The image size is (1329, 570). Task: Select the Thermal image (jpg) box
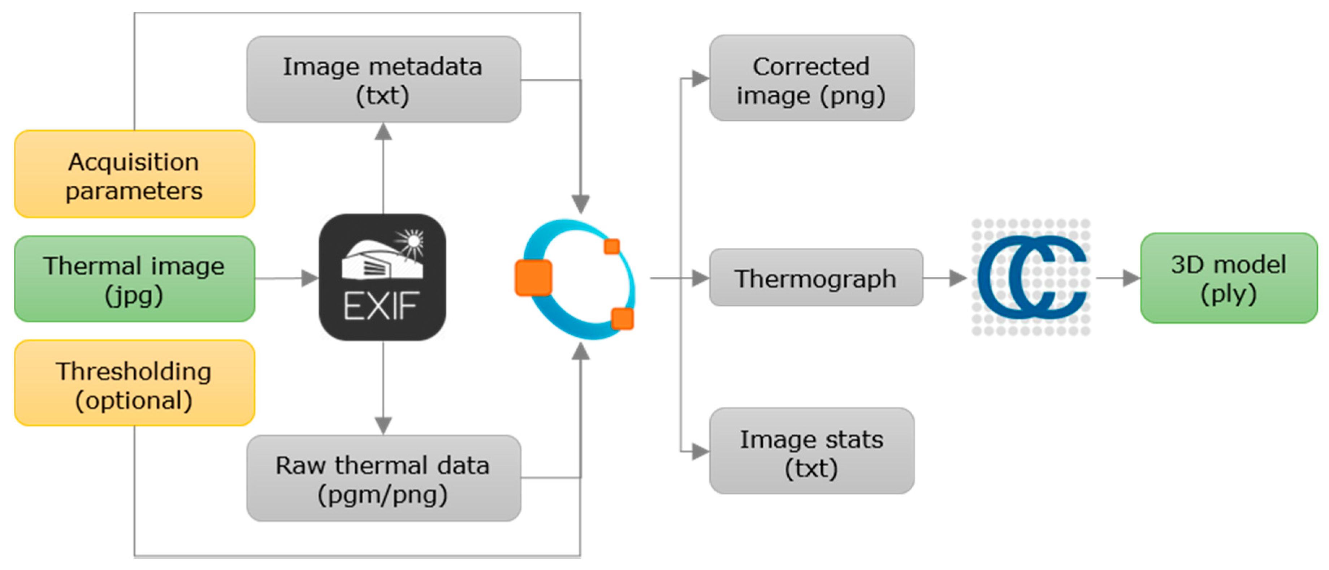134,279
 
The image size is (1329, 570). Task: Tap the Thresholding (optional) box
134,383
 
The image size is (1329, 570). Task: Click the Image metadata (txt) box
383,79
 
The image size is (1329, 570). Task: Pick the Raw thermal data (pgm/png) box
383,478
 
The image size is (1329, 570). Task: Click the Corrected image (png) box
811,78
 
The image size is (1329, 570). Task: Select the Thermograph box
816,278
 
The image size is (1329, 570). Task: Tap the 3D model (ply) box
1228,278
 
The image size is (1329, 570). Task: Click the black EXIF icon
382,277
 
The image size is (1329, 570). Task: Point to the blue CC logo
1031,277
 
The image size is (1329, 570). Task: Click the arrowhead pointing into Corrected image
700,78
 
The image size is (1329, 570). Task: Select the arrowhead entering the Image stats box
700,452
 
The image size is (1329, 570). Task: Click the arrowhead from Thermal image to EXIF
309,278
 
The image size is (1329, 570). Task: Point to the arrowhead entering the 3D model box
1131,278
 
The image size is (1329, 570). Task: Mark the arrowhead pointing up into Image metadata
383,131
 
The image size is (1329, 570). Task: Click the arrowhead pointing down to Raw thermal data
383,426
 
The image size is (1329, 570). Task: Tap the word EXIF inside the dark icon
381,306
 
